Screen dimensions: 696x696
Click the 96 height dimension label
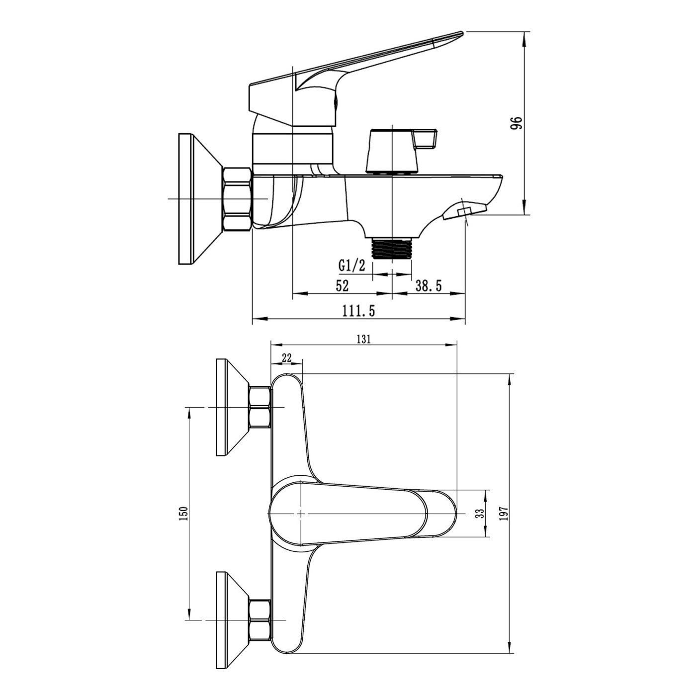click(518, 123)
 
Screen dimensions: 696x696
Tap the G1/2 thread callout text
click(352, 266)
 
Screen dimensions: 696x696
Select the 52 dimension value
click(342, 286)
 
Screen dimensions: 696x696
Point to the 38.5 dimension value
click(429, 286)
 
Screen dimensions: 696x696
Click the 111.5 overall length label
click(358, 311)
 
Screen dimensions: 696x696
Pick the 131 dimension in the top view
click(364, 339)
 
